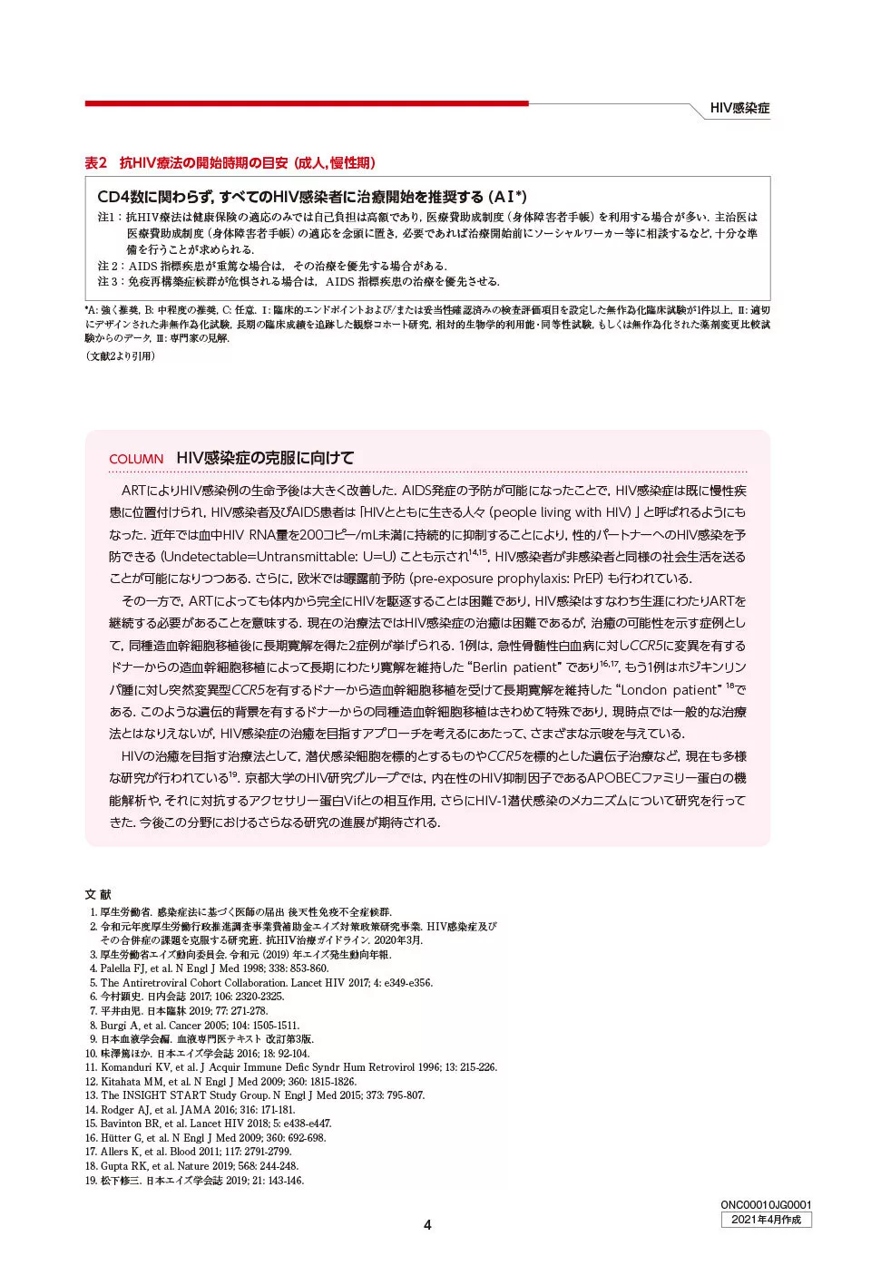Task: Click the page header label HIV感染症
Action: (x=739, y=108)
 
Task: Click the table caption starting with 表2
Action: (x=230, y=163)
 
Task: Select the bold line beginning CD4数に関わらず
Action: (x=311, y=197)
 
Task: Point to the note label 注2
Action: (x=110, y=266)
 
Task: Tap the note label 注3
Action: (x=110, y=281)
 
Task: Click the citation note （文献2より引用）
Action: (x=121, y=356)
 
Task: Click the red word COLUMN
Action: (x=136, y=459)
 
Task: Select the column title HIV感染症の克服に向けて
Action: (x=265, y=458)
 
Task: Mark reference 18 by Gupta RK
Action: (x=199, y=1166)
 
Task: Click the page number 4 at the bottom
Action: (x=427, y=1225)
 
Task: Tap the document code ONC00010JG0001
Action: (x=766, y=1205)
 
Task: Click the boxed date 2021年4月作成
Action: (x=766, y=1220)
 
